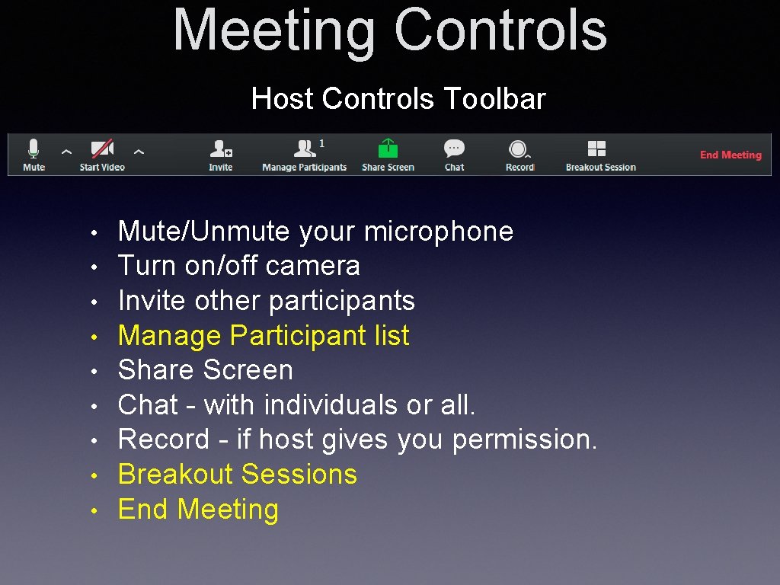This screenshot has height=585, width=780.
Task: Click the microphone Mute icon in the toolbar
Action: pyautogui.click(x=34, y=149)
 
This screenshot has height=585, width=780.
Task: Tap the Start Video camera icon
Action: pyautogui.click(x=102, y=149)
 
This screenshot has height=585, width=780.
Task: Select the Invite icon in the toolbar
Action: pyautogui.click(x=221, y=149)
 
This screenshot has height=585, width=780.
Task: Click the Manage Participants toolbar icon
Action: pyautogui.click(x=305, y=149)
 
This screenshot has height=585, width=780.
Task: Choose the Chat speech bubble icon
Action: pyautogui.click(x=455, y=149)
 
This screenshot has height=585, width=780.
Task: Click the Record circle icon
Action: pyautogui.click(x=519, y=149)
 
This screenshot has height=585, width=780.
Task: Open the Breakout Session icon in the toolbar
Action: pyautogui.click(x=597, y=149)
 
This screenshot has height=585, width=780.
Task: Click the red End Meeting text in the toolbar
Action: pyautogui.click(x=730, y=155)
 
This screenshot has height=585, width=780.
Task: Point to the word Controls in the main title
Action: pyautogui.click(x=500, y=30)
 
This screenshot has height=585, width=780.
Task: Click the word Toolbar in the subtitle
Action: pyautogui.click(x=494, y=99)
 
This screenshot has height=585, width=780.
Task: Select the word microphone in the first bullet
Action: pyautogui.click(x=439, y=232)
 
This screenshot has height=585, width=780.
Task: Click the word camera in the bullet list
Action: pyautogui.click(x=313, y=266)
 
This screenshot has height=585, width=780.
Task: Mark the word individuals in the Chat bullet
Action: pyautogui.click(x=331, y=405)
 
